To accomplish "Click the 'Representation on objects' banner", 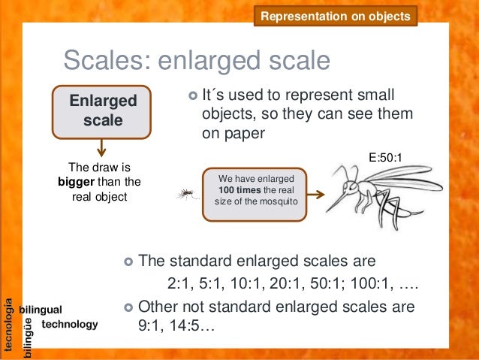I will coord(335,16).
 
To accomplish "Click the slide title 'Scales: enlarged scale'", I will coord(196,61).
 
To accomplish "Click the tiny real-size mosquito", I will coord(184,195).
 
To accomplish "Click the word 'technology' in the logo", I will coord(70,324).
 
